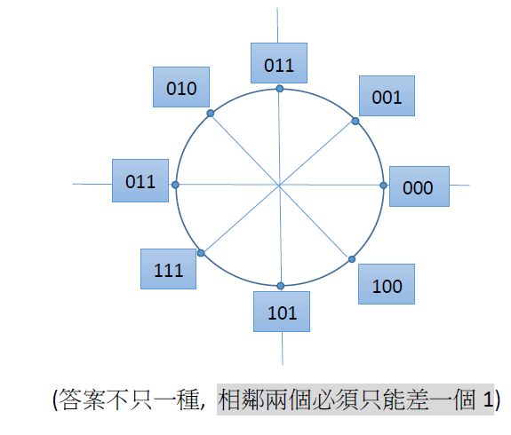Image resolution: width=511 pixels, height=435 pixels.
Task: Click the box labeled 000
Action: click(419, 186)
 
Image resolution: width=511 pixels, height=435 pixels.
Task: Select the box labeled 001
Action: click(387, 96)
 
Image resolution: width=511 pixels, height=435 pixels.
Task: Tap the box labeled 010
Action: click(181, 87)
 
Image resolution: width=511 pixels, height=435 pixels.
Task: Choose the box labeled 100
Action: click(387, 284)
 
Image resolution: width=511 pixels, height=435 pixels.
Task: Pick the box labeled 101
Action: click(282, 312)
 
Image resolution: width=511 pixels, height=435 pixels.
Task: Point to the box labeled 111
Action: click(169, 269)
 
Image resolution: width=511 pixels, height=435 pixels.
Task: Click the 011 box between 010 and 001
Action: click(279, 63)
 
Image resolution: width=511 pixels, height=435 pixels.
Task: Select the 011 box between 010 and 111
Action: click(140, 181)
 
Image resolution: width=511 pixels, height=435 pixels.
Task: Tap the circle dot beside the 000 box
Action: click(384, 186)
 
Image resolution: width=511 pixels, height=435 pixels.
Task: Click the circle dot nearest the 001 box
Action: click(355, 122)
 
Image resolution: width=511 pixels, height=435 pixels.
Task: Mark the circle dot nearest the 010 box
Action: click(211, 114)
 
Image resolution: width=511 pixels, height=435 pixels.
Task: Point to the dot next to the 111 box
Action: click(201, 253)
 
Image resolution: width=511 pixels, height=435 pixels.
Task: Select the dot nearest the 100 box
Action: click(352, 259)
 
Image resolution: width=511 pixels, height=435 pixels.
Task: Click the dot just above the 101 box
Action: click(281, 286)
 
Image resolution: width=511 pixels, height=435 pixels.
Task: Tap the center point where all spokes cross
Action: click(279, 186)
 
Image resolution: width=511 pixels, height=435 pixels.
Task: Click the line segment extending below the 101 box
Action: click(283, 348)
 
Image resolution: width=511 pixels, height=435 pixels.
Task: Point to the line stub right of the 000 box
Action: click(459, 185)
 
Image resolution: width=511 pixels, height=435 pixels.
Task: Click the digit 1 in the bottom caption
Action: click(488, 399)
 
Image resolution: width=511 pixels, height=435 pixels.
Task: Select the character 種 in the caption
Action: click(188, 399)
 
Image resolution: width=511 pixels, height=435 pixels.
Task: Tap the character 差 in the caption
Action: click(418, 399)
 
